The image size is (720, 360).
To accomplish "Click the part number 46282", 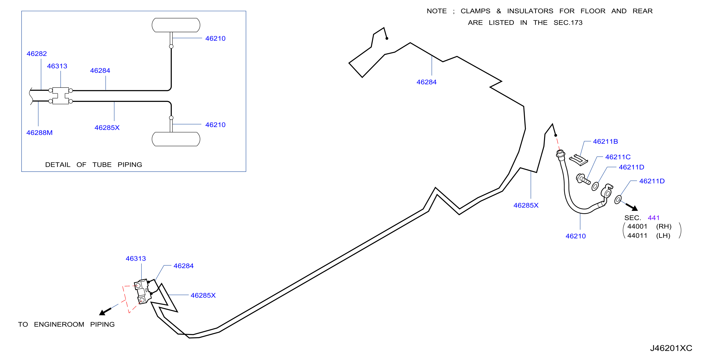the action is coord(37,54).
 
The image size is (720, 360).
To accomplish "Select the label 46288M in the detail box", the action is coord(39,133).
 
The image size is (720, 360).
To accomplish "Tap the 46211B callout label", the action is coord(605,141).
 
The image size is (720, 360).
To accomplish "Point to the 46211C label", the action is coord(618,157).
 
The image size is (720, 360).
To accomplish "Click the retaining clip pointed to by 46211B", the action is coord(579,160).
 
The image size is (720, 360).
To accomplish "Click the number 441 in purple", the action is coord(654,218).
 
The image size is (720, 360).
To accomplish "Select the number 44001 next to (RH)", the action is coord(637,226).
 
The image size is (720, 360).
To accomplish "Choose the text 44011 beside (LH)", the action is coord(637,236).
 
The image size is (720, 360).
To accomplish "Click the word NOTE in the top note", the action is coord(437,11).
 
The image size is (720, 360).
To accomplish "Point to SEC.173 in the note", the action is coord(568,23).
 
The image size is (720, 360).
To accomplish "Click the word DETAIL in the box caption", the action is coord(58,165).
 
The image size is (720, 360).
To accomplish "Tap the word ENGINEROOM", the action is coord(59,325).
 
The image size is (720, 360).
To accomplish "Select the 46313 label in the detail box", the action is coord(57,66).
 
